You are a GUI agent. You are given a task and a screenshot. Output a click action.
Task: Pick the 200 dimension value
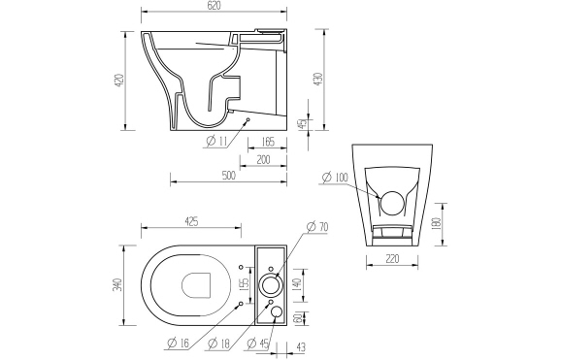[x=263, y=159]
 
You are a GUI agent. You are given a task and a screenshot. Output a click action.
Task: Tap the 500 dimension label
[x=228, y=176]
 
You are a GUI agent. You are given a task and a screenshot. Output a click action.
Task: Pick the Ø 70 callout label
[x=317, y=227]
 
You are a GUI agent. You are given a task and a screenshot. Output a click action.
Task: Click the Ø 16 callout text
[x=176, y=344]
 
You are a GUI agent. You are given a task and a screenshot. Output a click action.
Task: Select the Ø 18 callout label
[x=219, y=344]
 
